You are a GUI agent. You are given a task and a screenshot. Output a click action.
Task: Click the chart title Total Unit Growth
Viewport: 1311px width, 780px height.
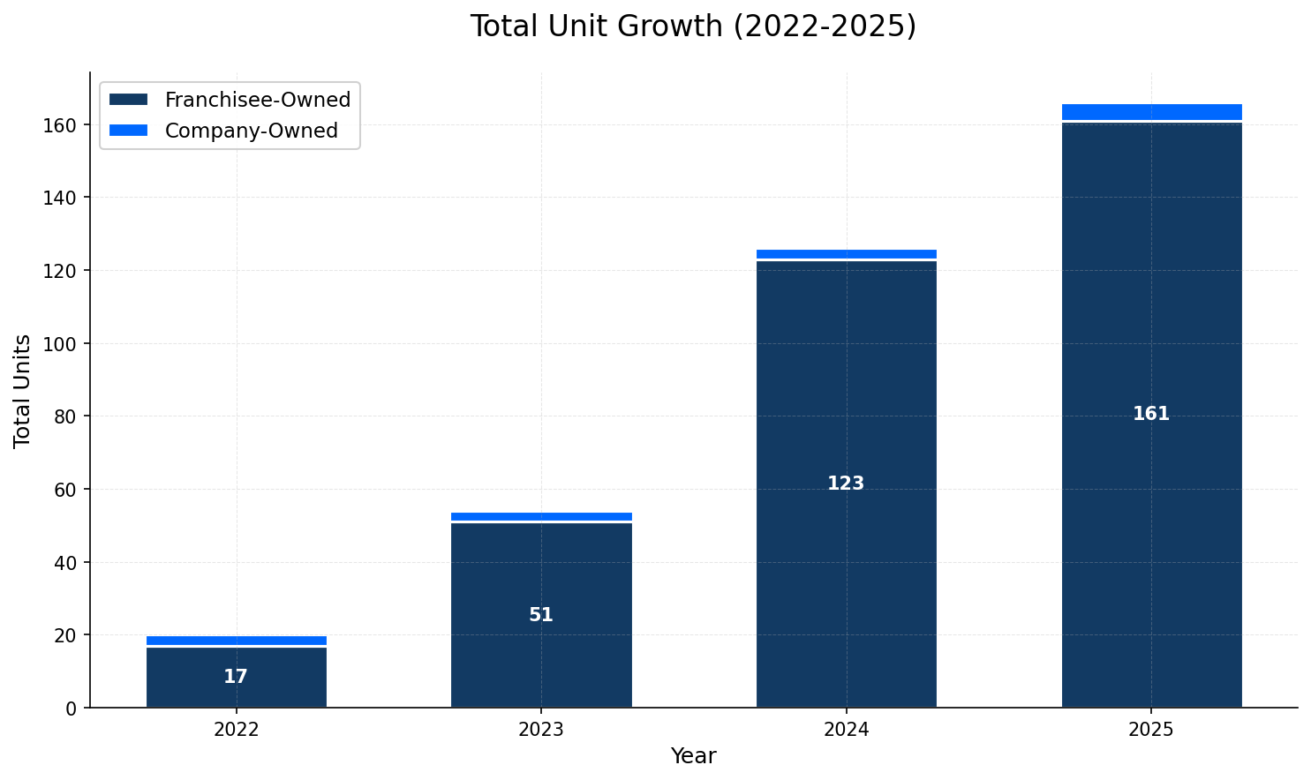click(x=693, y=26)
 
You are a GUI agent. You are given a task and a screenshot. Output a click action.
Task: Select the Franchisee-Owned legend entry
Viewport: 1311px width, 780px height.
click(x=257, y=100)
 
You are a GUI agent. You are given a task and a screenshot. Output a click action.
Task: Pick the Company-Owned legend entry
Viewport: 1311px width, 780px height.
click(x=251, y=131)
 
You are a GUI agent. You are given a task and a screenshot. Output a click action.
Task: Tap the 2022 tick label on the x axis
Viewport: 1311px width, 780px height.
click(x=236, y=731)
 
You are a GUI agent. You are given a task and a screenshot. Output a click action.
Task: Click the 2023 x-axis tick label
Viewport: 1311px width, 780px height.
click(x=541, y=731)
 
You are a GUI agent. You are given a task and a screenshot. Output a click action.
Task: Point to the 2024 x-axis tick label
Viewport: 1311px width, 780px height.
click(x=847, y=731)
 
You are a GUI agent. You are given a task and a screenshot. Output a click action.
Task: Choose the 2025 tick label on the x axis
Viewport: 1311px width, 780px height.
click(x=1151, y=731)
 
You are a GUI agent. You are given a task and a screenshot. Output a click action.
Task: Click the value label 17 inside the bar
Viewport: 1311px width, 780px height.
click(x=236, y=677)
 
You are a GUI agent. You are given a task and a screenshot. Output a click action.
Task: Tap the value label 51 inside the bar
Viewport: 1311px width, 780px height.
click(x=541, y=615)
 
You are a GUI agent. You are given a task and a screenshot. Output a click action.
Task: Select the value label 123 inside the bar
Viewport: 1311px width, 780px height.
click(x=846, y=484)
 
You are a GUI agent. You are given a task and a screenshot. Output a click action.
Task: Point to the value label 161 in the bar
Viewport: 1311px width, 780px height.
click(x=1151, y=414)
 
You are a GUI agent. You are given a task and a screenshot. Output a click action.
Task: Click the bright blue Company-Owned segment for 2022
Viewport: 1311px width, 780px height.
click(x=236, y=641)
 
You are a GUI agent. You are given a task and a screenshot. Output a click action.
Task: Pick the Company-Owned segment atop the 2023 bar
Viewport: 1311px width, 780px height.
click(x=541, y=516)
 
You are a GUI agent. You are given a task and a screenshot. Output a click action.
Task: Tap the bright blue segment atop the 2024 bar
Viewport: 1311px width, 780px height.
click(x=847, y=254)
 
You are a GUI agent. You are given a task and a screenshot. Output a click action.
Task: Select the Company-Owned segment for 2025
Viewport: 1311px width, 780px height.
click(x=1151, y=111)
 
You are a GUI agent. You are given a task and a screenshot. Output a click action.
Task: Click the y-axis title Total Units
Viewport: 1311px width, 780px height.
click(x=23, y=390)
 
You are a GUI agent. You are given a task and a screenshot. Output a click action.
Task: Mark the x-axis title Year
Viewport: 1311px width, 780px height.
click(x=693, y=756)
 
